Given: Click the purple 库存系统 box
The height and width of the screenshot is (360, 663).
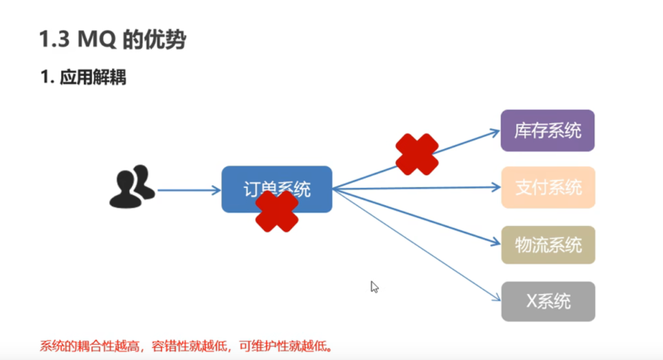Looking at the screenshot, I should point(548,131).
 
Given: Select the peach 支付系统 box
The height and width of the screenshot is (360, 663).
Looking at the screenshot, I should point(548,188).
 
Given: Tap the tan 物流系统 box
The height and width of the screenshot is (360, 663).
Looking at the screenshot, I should point(548,245).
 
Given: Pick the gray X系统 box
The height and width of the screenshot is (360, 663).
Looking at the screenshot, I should point(548,302).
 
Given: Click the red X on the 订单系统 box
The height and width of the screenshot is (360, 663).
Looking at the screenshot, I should point(277,211).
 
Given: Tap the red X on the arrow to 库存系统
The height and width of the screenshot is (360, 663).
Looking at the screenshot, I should point(417,154).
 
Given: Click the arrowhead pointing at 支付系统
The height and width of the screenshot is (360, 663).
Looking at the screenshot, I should point(497,188).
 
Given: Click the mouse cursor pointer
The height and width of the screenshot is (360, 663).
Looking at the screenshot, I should point(374,287).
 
